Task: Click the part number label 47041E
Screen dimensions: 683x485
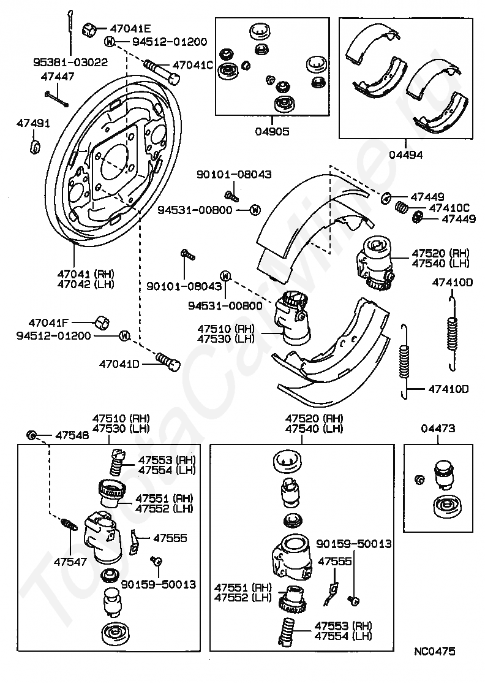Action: coord(130,28)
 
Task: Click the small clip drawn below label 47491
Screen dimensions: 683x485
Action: coord(36,147)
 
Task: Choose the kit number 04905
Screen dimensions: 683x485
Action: coord(271,131)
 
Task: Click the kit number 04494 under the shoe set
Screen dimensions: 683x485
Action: coord(405,156)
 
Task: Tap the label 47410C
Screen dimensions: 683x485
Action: coord(449,208)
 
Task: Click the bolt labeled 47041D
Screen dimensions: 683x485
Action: coord(167,361)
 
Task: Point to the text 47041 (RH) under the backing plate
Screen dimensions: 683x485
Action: coord(86,274)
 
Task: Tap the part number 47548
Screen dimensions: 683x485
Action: coord(72,435)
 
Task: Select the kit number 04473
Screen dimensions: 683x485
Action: coord(438,429)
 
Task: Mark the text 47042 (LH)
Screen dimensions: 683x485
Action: coord(86,284)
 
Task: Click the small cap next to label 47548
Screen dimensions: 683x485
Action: coord(31,435)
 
